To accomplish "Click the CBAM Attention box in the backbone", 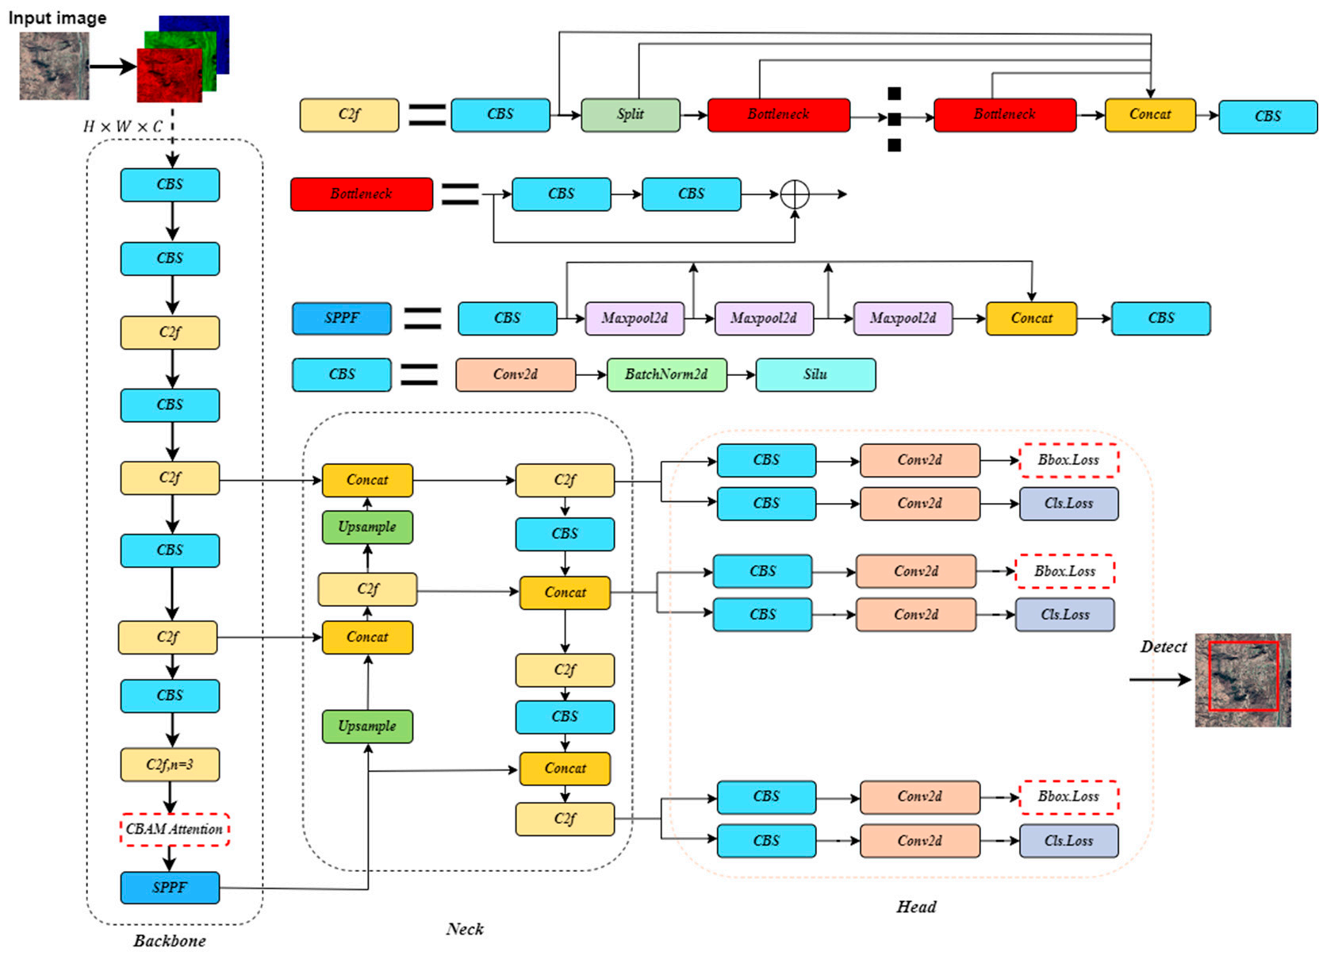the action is tap(174, 829).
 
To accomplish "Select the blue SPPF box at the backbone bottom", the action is tap(170, 888).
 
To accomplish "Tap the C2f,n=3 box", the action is tap(170, 765).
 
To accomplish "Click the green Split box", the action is tap(630, 115).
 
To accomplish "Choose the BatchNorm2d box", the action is tap(666, 374).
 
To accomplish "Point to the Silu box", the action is tap(815, 374).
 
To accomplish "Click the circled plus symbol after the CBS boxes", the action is tap(795, 194).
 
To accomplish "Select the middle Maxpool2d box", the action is tap(764, 319).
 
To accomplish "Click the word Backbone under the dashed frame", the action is tap(170, 941).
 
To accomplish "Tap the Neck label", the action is tap(465, 929).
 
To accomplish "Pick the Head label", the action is tap(916, 907).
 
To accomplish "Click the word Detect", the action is tap(1164, 647).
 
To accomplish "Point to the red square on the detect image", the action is tap(1209, 676).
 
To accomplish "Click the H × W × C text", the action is tap(122, 126).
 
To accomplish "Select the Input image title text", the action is tap(57, 17).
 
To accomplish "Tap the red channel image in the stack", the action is tap(170, 75).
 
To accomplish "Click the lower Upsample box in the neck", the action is tap(367, 726).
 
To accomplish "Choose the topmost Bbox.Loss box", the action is tap(1068, 460).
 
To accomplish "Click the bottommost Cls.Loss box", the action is tap(1068, 840).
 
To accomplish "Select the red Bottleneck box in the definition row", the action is tap(362, 194).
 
